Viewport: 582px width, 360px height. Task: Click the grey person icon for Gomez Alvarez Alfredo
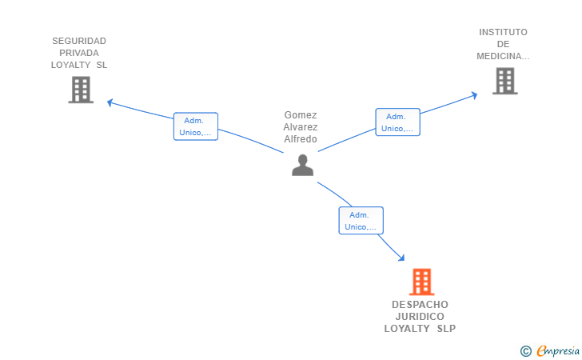pos(302,165)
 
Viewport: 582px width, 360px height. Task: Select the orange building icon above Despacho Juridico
pos(421,282)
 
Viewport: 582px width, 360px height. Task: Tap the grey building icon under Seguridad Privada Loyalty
pos(80,90)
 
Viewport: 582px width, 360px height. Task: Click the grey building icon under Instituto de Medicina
pos(504,81)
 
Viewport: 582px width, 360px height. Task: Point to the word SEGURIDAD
pos(79,41)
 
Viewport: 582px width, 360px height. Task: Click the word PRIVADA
pos(79,53)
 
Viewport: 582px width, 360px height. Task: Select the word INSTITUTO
pos(503,32)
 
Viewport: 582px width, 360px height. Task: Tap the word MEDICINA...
pos(503,56)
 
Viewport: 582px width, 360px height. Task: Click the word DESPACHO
pos(420,305)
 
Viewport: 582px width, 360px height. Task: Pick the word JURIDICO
pos(420,317)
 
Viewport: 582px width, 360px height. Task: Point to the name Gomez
pos(301,115)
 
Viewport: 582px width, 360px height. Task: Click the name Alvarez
pos(301,127)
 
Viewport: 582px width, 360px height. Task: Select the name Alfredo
pos(301,139)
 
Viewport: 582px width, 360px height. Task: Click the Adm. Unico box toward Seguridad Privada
pos(196,126)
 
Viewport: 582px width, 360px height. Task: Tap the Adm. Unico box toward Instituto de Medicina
pos(397,122)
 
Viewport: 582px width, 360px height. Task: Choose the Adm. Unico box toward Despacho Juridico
pos(361,220)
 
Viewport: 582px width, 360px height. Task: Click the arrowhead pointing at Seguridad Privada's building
pos(110,102)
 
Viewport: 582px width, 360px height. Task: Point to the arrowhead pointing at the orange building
pos(401,258)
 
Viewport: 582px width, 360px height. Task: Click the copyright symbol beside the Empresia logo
pos(525,350)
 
